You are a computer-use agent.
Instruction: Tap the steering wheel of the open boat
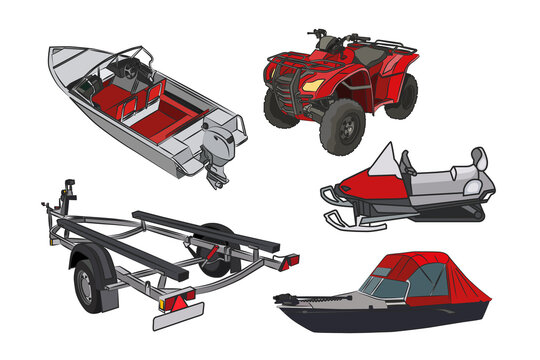coord(126,70)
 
